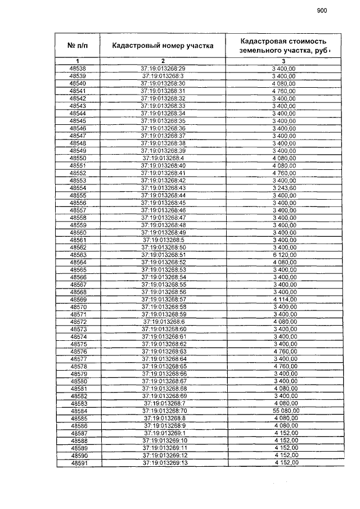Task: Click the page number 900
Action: pos(321,10)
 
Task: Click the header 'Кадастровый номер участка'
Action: pos(162,46)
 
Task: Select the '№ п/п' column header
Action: pos(78,46)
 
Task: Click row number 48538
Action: pos(78,69)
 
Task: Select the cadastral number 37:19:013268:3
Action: pos(163,76)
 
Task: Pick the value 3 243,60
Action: pos(283,187)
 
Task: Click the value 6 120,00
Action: pos(283,255)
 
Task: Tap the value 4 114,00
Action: pos(283,300)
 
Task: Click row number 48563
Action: pos(78,255)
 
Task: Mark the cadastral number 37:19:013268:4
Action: pos(163,158)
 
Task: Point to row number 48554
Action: pos(78,187)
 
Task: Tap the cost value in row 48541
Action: pos(283,91)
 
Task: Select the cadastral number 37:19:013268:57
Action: pos(163,300)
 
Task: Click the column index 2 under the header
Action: pos(163,61)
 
